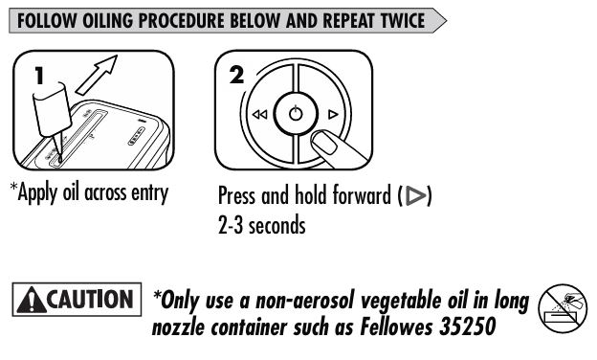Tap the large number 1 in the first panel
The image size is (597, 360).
tap(39, 76)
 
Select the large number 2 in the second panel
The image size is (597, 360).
tap(236, 75)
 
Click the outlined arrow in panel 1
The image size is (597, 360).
tap(97, 75)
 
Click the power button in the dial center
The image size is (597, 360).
tap(296, 114)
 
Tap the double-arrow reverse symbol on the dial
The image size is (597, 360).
tap(259, 114)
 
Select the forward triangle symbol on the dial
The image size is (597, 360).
tap(333, 114)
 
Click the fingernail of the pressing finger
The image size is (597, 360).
tap(324, 143)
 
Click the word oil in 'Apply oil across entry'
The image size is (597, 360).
tap(71, 192)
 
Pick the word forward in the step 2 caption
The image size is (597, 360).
tap(362, 195)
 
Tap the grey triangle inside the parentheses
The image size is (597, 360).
tap(415, 195)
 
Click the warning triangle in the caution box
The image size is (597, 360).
tap(32, 301)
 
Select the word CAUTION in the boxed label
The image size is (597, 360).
tap(90, 300)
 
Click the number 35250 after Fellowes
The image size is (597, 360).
tap(467, 326)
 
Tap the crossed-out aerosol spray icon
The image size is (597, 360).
tap(563, 308)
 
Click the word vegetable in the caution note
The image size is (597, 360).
tap(402, 302)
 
